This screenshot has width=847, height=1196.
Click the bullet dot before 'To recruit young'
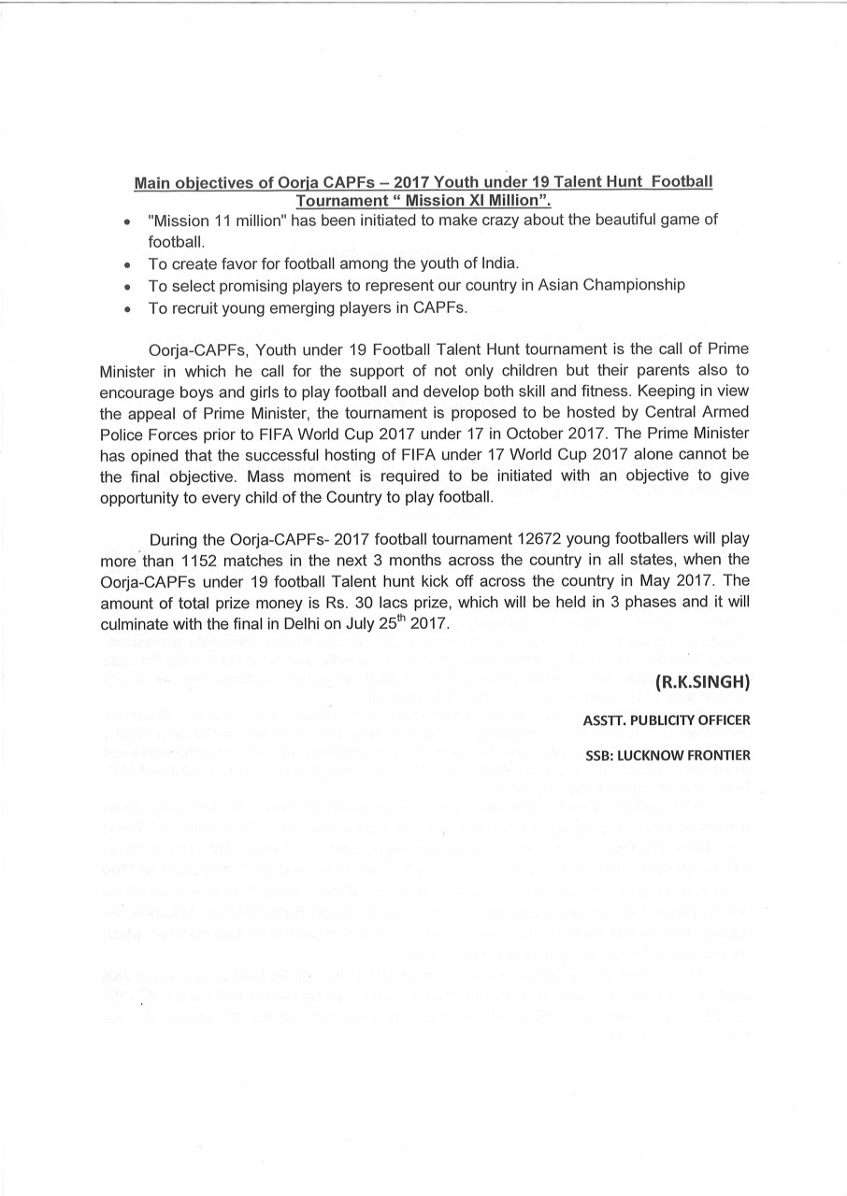(x=126, y=307)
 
